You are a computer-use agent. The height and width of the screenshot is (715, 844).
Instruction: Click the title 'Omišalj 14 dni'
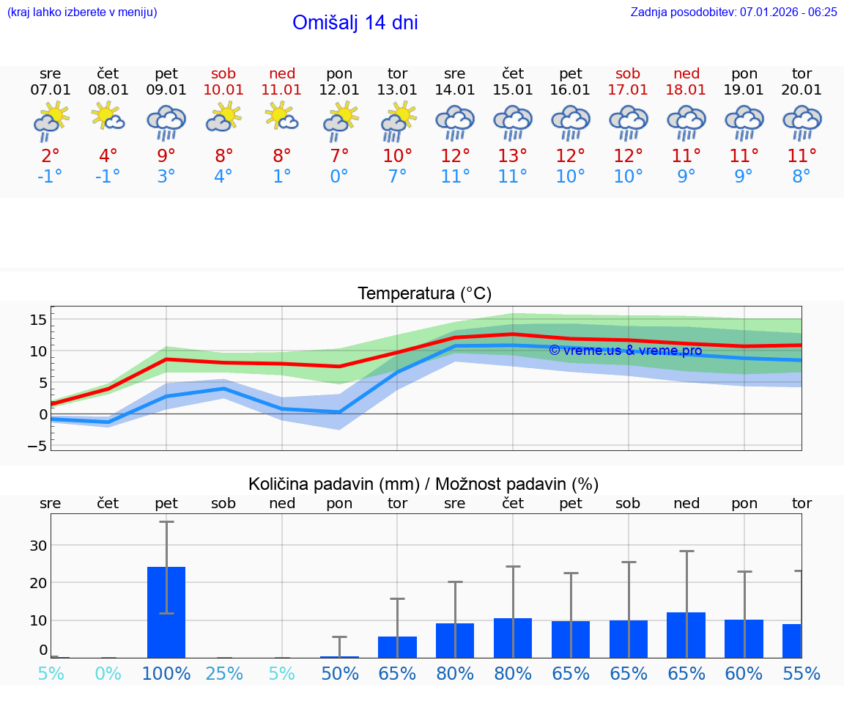355,23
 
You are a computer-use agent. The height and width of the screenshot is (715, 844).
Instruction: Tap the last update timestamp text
733,12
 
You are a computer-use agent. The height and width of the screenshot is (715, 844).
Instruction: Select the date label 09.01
166,90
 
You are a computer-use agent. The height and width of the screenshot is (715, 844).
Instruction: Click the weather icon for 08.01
108,117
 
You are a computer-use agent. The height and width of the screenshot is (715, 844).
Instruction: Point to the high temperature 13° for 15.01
513,156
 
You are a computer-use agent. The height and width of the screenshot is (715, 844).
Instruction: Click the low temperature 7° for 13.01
397,177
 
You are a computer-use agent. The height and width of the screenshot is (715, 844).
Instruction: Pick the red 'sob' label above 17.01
628,73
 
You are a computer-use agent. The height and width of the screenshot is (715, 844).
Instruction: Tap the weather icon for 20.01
802,122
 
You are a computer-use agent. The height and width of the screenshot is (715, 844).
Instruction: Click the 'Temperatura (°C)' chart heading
425,294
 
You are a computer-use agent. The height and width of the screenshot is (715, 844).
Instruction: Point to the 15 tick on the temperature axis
38,320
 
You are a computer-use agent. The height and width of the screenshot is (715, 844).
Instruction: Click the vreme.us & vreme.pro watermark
625,351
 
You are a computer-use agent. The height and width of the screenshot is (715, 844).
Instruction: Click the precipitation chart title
423,484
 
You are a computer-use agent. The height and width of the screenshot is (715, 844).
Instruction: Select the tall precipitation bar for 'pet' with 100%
166,612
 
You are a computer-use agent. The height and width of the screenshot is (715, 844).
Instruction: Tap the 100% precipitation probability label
166,674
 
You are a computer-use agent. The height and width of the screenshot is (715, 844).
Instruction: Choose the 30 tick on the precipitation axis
38,546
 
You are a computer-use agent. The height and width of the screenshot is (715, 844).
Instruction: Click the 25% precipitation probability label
224,674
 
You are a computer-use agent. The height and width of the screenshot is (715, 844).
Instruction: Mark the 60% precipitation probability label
744,674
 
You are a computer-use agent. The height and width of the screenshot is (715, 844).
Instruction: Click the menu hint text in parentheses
82,12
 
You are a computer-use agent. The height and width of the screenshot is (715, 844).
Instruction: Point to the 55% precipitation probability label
802,674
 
